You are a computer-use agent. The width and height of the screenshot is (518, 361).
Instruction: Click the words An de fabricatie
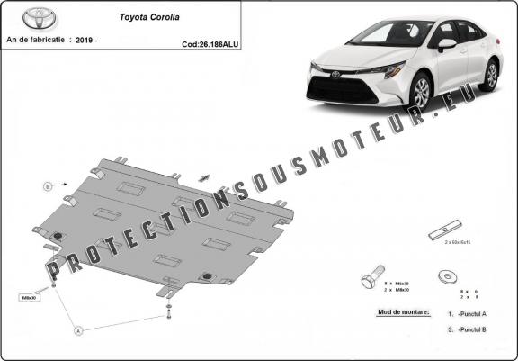pos(38,41)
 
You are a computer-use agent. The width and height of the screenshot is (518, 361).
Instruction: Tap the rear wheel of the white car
pos(489,75)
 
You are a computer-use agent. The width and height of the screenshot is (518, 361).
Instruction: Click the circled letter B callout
pos(47,186)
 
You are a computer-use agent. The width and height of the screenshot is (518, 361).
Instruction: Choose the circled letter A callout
pos(78,330)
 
